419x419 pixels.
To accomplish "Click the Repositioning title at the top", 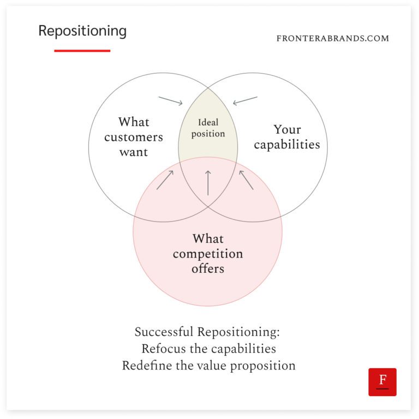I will (82, 31).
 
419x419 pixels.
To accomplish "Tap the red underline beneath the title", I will (82, 51).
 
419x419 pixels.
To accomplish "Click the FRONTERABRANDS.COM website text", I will (333, 39).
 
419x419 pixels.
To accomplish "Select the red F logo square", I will (382, 382).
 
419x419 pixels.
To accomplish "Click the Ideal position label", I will (208, 128).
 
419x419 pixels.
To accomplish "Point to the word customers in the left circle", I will (134, 137).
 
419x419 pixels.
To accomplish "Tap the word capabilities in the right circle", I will (287, 145).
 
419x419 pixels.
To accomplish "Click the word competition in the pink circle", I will (208, 254).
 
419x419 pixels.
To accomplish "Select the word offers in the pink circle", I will (208, 269).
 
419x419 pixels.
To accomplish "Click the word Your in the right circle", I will (288, 130).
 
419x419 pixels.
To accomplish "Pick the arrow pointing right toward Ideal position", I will (171, 101).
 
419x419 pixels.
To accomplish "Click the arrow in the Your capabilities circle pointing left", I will (245, 100).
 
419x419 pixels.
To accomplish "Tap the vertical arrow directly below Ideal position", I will (208, 183).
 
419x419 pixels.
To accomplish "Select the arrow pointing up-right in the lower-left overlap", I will (165, 179).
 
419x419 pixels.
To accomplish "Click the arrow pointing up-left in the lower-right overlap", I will (246, 179).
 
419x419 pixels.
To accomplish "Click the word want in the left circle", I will (134, 152).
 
